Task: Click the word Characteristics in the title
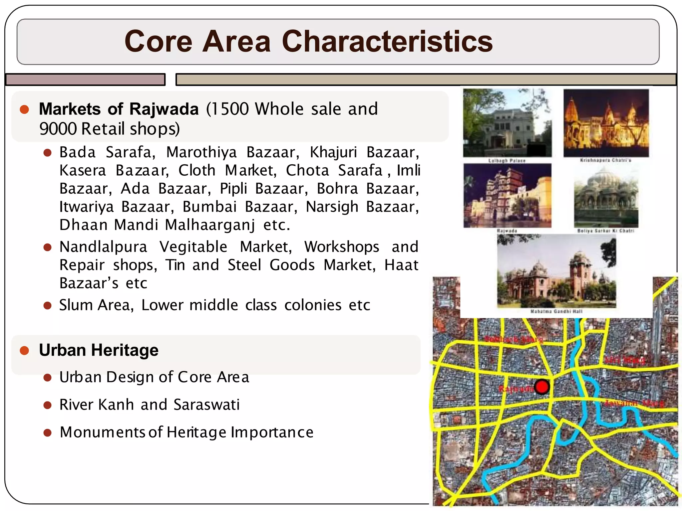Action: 387,42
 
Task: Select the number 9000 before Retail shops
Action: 59,129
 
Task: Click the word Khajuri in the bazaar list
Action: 333,153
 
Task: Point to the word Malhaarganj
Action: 210,225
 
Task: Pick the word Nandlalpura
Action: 103,247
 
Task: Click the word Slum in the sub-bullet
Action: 76,305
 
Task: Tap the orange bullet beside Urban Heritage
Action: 24,350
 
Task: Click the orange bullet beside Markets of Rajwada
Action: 24,109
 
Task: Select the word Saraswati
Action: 206,405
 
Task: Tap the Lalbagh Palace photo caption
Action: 507,161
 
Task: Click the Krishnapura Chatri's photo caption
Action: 605,160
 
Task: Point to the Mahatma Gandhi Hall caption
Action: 556,312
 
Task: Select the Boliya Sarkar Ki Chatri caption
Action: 605,231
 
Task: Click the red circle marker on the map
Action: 542,387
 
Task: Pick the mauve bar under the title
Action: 86,80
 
